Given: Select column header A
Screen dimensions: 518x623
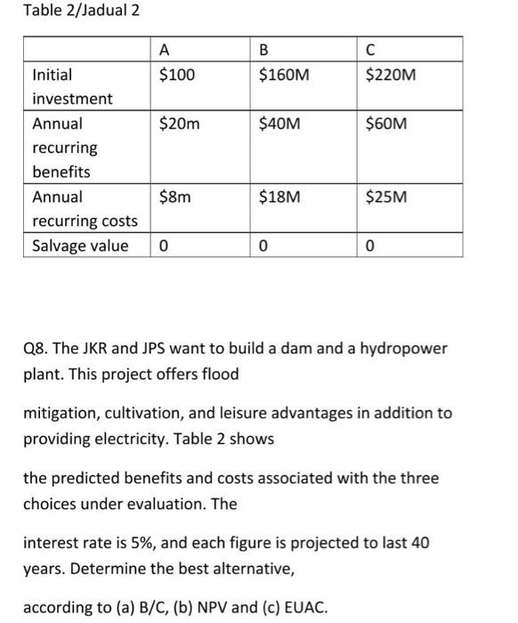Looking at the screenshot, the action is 163,52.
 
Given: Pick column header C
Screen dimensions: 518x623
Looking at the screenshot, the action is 371,52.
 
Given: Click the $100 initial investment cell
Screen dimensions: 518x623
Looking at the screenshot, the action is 176,75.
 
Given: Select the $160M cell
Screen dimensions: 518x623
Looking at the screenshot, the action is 284,75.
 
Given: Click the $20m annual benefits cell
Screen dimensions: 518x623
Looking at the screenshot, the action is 179,124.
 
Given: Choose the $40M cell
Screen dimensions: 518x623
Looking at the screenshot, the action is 279,124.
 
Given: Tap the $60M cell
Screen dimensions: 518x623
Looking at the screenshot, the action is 387,124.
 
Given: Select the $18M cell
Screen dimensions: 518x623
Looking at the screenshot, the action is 279,197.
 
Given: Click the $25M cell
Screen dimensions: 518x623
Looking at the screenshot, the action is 387,197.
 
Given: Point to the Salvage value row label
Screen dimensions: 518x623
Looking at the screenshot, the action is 80,246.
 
